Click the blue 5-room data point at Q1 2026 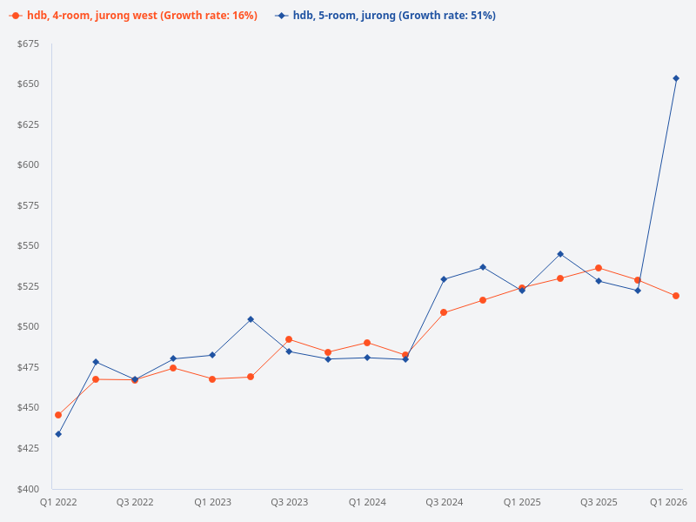[x=676, y=78]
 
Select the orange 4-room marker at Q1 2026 [x=676, y=296]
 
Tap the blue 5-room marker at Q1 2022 [x=58, y=434]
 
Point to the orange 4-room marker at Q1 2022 [x=58, y=415]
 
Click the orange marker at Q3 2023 [x=289, y=339]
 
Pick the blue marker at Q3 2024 [x=444, y=279]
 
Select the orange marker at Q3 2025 [x=599, y=268]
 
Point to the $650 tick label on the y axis [x=28, y=84]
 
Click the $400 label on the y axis [x=28, y=489]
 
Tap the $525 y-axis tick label [x=28, y=286]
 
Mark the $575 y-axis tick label [x=28, y=205]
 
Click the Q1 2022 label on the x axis [x=58, y=503]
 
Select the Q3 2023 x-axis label [x=289, y=503]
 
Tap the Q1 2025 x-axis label [x=522, y=503]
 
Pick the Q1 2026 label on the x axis [x=669, y=503]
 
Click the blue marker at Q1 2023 [x=212, y=355]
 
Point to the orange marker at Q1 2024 [x=367, y=343]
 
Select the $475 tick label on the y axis [x=28, y=367]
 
